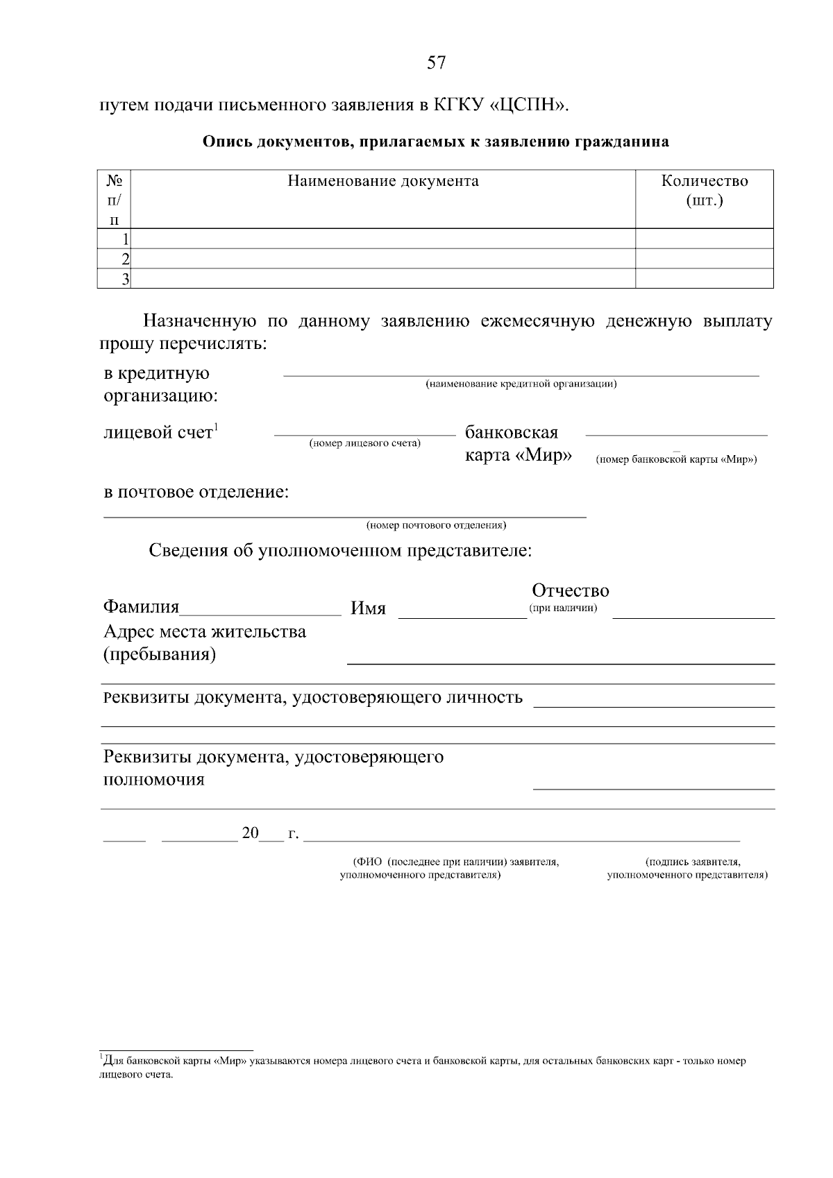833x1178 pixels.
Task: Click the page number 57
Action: [x=436, y=63]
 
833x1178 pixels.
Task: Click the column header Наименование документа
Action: [x=383, y=182]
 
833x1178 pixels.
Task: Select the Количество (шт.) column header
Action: [x=705, y=191]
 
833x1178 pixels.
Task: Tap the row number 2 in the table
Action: [x=125, y=259]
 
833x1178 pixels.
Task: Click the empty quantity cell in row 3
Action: [x=704, y=279]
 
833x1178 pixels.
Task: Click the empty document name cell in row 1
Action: [x=383, y=239]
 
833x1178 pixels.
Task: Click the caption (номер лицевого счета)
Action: [x=364, y=443]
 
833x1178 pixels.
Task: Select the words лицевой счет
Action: [x=158, y=433]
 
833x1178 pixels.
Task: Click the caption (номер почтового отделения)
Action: [x=436, y=525]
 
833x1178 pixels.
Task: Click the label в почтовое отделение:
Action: [x=196, y=493]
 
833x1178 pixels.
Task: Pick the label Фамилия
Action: [x=141, y=607]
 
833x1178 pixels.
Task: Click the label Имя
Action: [x=368, y=608]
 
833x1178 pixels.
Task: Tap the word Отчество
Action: [x=570, y=590]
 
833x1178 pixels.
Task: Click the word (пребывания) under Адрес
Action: [x=160, y=655]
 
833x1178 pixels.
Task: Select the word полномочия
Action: [x=154, y=779]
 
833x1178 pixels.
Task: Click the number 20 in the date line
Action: [x=250, y=833]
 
